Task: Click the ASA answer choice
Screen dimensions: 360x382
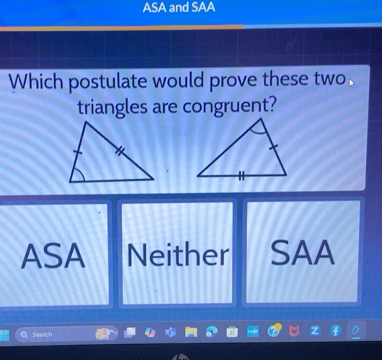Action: [53, 255]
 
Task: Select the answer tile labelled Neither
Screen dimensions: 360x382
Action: [177, 254]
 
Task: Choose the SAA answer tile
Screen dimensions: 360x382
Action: [303, 253]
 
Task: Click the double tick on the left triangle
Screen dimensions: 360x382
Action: [120, 150]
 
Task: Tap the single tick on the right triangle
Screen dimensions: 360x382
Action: [272, 147]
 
